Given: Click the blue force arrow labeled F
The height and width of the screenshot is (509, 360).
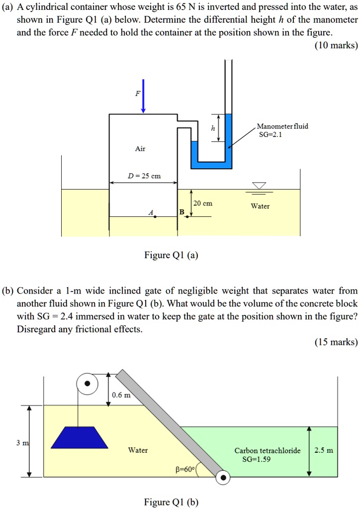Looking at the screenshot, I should click(x=143, y=97).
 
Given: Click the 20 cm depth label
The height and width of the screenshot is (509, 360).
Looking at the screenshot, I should click(x=203, y=204).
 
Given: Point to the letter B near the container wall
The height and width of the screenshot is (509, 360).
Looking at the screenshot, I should click(x=181, y=212).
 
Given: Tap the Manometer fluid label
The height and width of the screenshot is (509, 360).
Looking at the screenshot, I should click(x=282, y=126).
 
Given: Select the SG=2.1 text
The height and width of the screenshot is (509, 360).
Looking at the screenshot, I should click(x=269, y=135).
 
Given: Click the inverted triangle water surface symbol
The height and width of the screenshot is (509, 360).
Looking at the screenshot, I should click(x=259, y=186).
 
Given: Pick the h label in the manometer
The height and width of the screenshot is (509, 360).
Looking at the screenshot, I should click(x=213, y=129).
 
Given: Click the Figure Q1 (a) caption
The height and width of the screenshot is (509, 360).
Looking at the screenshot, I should click(x=171, y=255).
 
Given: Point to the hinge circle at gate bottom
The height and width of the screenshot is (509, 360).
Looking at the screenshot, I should click(x=223, y=478).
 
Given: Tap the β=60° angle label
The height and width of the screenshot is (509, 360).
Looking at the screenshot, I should click(x=185, y=469).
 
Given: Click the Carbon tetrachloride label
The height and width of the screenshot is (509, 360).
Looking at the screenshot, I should click(x=268, y=451).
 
